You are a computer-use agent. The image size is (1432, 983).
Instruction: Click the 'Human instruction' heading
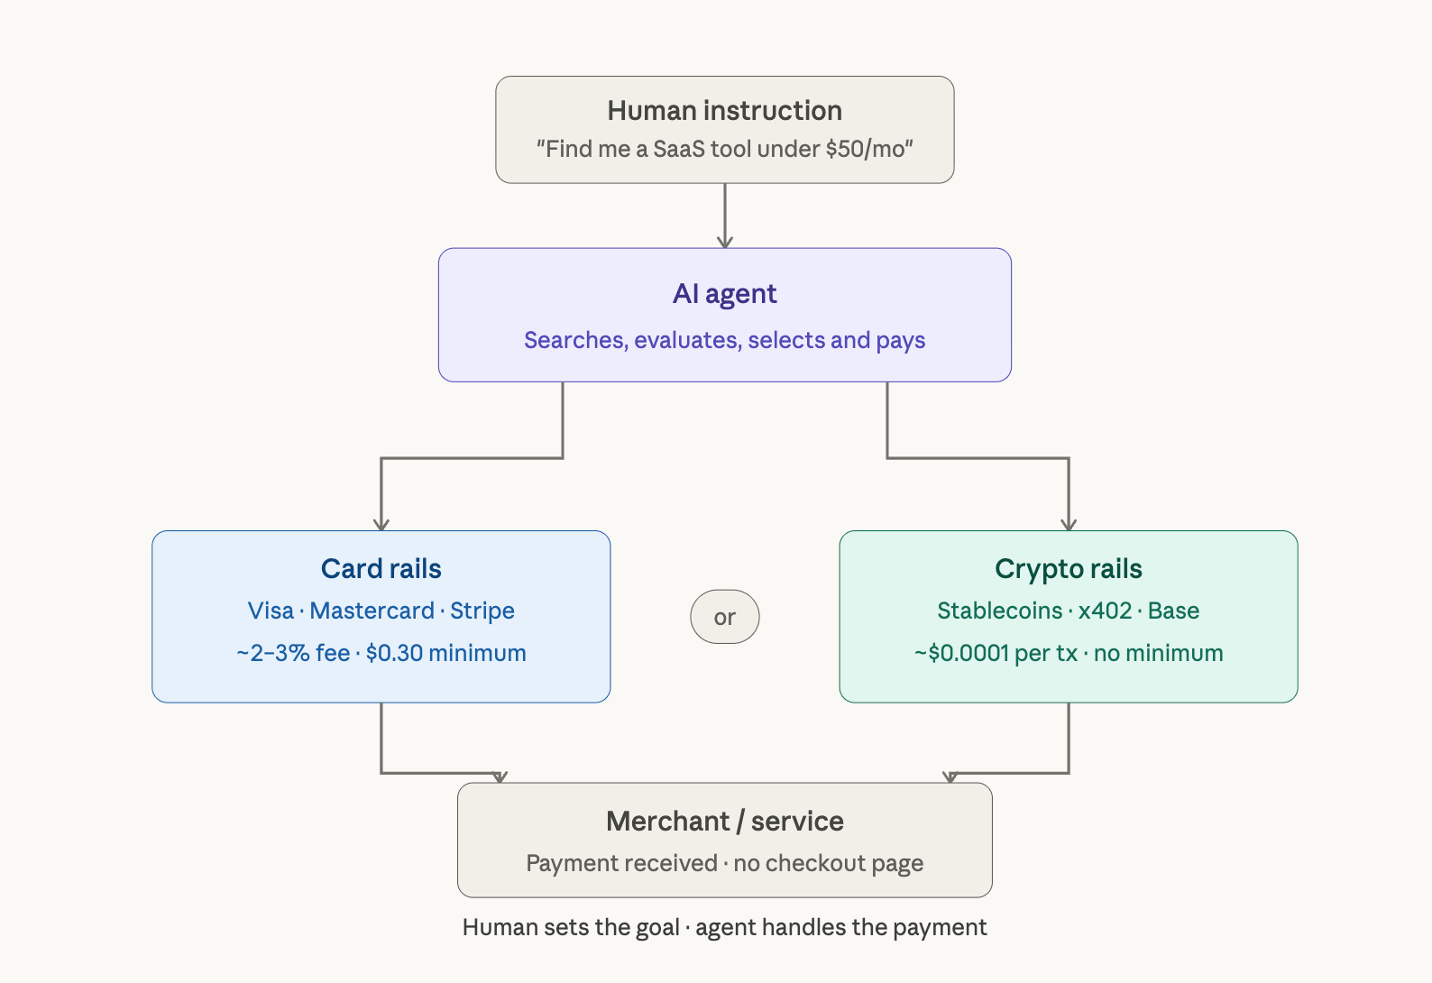(724, 110)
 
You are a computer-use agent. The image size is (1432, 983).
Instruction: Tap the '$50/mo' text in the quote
(865, 149)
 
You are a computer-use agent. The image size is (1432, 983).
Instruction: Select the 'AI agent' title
(724, 294)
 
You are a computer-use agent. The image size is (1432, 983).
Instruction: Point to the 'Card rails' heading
(381, 569)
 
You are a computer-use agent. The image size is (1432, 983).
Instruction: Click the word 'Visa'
(271, 611)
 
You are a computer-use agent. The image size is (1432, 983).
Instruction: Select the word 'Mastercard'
(372, 611)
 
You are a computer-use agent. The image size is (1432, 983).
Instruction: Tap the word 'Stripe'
(482, 611)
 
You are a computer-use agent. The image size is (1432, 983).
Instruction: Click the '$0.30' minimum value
(394, 653)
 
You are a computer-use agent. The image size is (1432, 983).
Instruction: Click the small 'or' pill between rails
(724, 617)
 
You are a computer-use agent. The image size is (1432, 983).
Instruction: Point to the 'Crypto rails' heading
(1068, 569)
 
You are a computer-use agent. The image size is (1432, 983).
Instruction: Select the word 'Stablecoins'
(999, 611)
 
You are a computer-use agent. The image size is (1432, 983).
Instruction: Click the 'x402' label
(1105, 611)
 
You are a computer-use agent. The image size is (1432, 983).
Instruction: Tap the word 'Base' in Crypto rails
(1173, 611)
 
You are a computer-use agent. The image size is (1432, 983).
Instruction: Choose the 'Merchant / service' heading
(724, 822)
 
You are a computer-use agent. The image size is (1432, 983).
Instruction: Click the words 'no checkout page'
(828, 863)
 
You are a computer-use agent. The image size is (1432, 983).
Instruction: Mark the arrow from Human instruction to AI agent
(724, 216)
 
